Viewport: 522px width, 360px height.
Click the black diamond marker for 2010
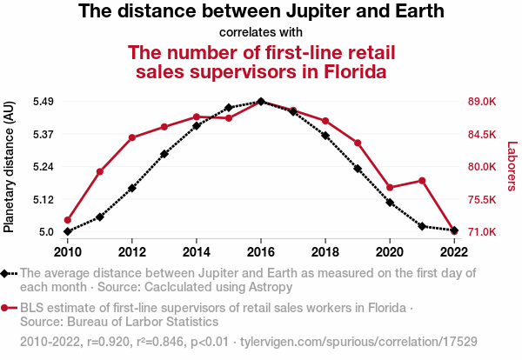(67, 231)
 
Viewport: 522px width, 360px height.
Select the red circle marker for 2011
(100, 171)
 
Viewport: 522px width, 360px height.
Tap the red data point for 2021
(422, 181)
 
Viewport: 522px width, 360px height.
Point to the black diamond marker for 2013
(164, 154)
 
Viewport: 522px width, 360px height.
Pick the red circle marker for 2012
(132, 137)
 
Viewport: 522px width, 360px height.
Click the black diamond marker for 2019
(358, 168)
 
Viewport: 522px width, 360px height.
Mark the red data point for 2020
(390, 188)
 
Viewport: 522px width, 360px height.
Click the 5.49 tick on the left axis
(43, 102)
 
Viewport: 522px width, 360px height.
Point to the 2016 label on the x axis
(261, 252)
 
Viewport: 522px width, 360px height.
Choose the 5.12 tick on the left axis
(43, 200)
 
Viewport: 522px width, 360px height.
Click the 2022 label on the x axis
(454, 252)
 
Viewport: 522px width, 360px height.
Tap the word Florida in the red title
(345, 72)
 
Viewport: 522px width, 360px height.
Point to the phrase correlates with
(261, 32)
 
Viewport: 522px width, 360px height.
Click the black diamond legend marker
(6, 273)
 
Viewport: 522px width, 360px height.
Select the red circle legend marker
(6, 308)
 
